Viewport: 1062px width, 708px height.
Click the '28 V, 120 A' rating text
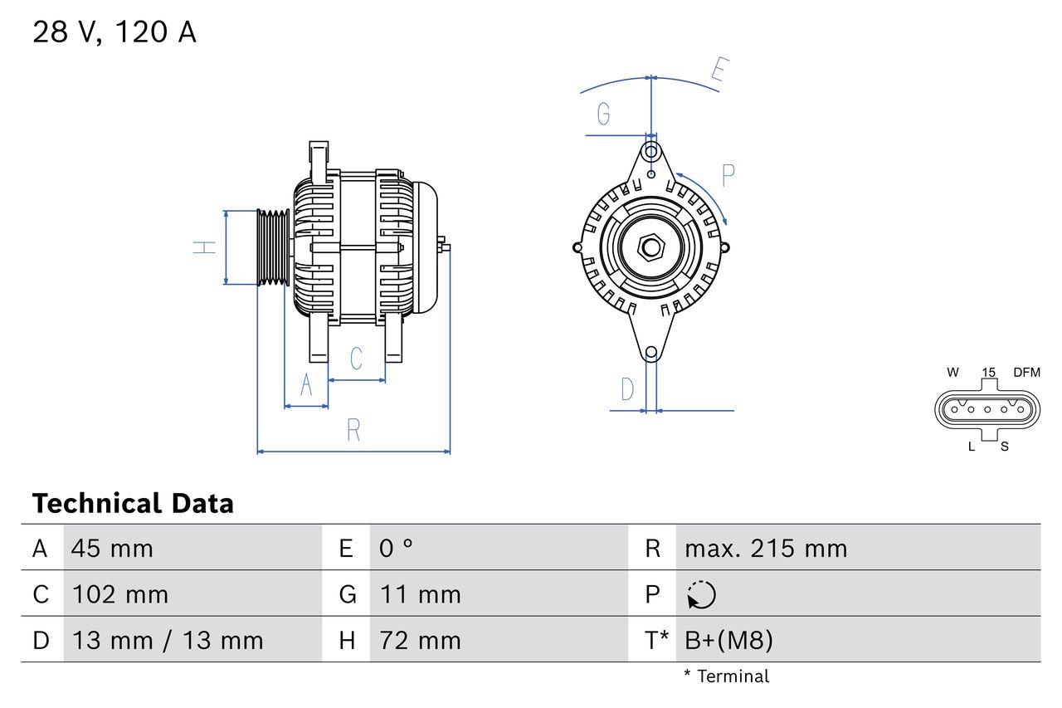point(114,32)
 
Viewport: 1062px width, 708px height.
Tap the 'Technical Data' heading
point(133,503)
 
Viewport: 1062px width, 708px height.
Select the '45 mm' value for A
point(112,549)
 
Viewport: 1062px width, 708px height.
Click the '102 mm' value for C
point(120,594)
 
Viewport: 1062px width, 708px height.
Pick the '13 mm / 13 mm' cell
point(168,640)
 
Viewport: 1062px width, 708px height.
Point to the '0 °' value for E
point(396,549)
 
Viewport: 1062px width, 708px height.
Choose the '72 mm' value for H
point(420,640)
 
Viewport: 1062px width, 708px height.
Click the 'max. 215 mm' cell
point(765,549)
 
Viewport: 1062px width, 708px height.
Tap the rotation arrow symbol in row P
point(701,595)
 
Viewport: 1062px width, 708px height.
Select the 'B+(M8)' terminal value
point(728,640)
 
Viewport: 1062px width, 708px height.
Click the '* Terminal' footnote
point(726,676)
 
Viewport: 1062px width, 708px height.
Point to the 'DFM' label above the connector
point(1025,373)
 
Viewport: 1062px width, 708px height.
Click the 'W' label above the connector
point(952,373)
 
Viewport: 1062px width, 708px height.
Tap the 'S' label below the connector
point(1004,447)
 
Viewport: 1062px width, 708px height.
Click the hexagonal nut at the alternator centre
point(651,247)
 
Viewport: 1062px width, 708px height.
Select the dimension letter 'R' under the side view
point(353,431)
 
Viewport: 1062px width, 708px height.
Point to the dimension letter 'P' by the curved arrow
point(728,175)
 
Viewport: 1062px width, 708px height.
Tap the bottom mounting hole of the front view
point(651,353)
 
